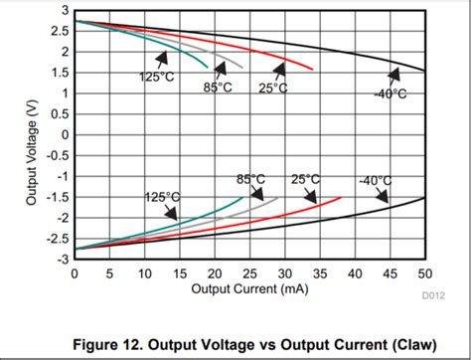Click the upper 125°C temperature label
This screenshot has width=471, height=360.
[157, 77]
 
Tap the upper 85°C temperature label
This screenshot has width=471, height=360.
[219, 87]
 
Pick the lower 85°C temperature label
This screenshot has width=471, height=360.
[250, 178]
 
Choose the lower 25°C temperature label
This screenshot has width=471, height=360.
[306, 178]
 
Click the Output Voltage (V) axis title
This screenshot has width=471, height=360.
[32, 134]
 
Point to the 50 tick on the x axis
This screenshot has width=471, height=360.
[425, 273]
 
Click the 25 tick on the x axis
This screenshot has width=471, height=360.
[250, 273]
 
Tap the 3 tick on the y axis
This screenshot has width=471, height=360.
[64, 10]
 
